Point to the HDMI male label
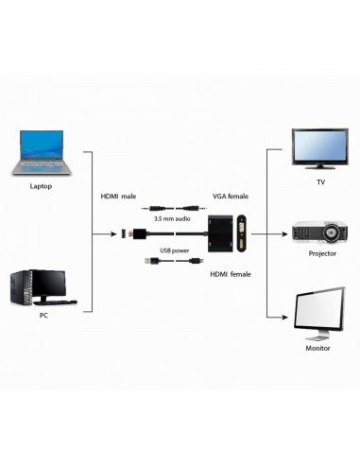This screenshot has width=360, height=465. [x=119, y=197]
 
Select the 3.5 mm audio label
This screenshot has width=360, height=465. [x=172, y=219]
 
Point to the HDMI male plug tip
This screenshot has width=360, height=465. [x=131, y=232]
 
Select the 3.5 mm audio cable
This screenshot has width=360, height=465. [x=171, y=208]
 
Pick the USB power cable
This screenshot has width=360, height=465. [x=171, y=262]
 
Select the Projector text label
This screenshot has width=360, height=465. [x=322, y=256]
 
